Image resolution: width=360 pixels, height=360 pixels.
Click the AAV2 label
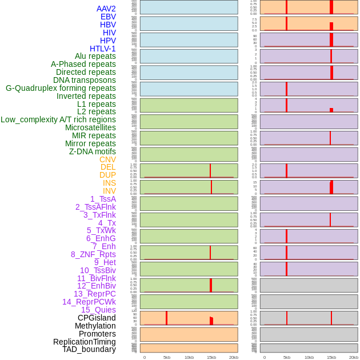coord(106,9)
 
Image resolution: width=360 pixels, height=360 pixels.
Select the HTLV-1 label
coord(103,49)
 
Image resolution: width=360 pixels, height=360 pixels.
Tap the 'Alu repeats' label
coord(95,56)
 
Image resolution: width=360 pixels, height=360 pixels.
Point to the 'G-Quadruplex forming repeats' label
coord(61,88)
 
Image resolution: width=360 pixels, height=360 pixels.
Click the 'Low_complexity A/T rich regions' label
coord(58,119)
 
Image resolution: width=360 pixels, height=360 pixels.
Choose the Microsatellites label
coord(90,127)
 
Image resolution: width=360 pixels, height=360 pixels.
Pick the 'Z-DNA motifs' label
coord(93,151)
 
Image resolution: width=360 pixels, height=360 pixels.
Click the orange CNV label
coord(107,159)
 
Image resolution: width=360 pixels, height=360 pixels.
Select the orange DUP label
coord(107,175)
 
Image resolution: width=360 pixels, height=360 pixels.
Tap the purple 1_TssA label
coord(103,199)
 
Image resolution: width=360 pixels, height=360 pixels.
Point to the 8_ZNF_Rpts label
coord(93,254)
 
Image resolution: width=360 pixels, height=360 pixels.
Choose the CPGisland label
coord(97,318)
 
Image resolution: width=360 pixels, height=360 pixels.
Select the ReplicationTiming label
coord(85,342)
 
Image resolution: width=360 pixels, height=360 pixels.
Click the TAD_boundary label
coord(89,349)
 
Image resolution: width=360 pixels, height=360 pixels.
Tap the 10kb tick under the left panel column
coord(189,357)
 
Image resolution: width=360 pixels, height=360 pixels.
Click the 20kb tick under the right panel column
coord(354,357)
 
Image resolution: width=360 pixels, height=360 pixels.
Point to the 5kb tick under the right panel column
coord(287,357)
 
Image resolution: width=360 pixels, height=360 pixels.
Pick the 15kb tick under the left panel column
coord(211,357)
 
